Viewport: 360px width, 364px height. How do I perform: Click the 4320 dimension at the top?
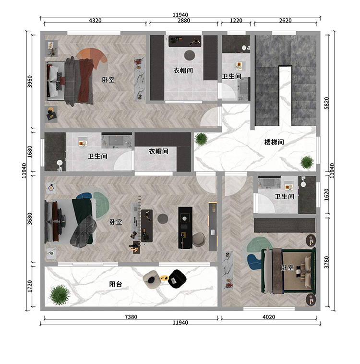95,21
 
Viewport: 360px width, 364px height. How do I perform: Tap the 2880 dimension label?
184,21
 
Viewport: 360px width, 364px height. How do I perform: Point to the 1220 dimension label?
236,21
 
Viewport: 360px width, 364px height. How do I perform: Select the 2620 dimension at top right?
285,21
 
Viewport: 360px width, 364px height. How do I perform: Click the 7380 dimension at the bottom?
131,317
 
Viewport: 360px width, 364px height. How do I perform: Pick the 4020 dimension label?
269,317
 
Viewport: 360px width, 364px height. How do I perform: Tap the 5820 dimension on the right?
326,103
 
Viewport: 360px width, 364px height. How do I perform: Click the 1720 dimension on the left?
30,286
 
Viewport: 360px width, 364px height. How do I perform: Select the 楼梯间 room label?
274,142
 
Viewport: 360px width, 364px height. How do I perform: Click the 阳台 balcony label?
116,284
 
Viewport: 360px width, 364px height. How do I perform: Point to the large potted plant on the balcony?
60,294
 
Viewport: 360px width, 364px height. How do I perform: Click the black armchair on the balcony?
177,279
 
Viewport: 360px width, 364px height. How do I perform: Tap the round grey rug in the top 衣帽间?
190,55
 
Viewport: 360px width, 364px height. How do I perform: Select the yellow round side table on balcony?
164,278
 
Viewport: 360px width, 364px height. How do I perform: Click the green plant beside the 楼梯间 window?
307,162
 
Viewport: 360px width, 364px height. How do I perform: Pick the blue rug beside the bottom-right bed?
254,262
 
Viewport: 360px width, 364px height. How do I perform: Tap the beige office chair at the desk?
199,239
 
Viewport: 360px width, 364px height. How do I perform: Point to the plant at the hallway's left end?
201,139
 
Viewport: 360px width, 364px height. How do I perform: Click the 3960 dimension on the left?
30,82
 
